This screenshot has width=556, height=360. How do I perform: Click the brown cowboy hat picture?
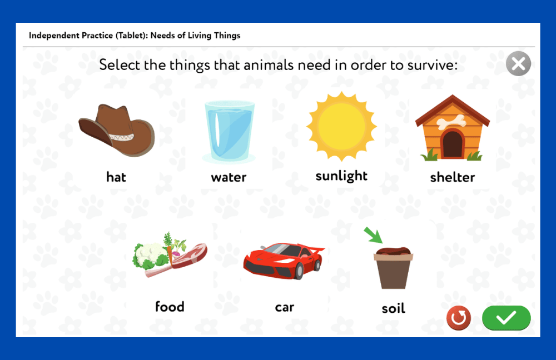click(117, 130)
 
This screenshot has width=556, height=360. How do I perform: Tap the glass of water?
click(229, 132)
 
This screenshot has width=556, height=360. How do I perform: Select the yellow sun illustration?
click(341, 126)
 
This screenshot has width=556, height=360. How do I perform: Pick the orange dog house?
click(453, 128)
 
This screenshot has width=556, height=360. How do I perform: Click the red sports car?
click(284, 261)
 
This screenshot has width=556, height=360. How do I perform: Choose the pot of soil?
click(393, 268)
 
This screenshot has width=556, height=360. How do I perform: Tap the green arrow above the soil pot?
click(374, 235)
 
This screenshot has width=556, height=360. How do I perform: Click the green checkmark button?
click(507, 317)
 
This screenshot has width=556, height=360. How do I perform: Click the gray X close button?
click(518, 64)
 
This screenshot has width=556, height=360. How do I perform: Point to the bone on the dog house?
click(451, 121)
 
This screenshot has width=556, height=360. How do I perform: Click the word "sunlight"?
click(341, 176)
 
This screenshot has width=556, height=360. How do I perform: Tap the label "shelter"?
click(453, 177)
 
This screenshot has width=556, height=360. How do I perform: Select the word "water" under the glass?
click(229, 177)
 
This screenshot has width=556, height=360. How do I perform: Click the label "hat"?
click(116, 177)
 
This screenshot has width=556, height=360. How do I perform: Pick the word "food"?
click(170, 307)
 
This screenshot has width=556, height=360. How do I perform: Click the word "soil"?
click(394, 308)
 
